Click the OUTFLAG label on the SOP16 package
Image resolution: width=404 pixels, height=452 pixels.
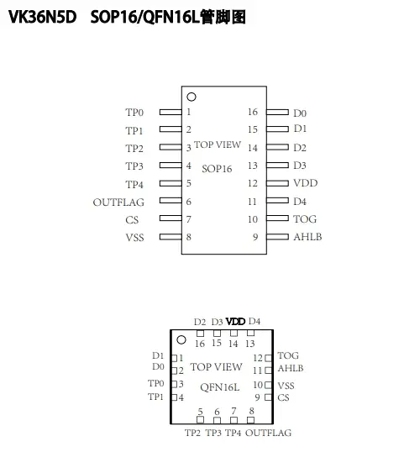tap(118, 202)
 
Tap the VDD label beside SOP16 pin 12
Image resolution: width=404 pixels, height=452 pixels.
tap(305, 183)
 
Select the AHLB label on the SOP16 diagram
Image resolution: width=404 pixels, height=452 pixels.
tap(307, 237)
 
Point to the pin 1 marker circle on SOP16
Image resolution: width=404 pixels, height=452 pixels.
tap(192, 97)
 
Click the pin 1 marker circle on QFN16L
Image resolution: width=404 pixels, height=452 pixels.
tap(181, 340)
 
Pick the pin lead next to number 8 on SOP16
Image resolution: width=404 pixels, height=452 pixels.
tap(171, 237)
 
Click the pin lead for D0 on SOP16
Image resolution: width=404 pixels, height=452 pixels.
tap(277, 112)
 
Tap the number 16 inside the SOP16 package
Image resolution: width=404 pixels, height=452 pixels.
tap(253, 112)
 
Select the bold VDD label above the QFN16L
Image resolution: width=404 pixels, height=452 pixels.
tap(235, 322)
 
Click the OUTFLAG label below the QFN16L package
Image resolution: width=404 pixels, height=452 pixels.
tap(268, 433)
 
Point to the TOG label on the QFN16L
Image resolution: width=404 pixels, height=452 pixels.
tap(288, 355)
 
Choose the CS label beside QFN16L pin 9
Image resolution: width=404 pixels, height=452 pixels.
tap(283, 397)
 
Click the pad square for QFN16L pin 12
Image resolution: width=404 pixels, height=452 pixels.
tap(268, 358)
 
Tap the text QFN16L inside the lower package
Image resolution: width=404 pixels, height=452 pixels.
tap(219, 387)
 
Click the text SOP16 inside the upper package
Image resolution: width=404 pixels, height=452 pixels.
tap(217, 169)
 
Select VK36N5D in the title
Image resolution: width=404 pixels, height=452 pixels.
tap(42, 17)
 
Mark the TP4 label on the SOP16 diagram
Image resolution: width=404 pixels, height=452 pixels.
tap(134, 185)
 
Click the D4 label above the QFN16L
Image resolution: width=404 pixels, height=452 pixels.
tap(254, 321)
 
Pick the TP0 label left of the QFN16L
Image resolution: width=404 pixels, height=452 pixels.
tap(156, 383)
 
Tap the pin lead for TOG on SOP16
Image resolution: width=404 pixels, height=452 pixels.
tap(277, 218)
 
